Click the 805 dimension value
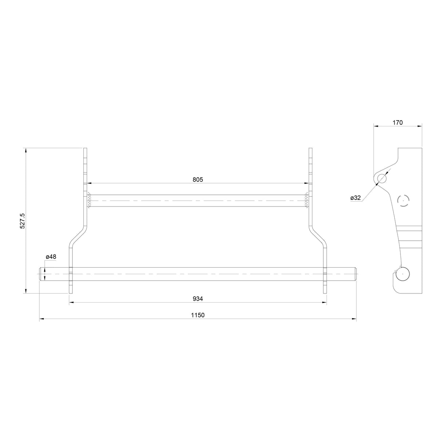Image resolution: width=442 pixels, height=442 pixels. (198, 179)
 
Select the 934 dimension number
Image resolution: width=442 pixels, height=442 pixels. (198, 299)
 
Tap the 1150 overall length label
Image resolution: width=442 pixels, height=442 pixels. (198, 315)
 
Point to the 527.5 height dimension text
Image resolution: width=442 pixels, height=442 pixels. (23, 221)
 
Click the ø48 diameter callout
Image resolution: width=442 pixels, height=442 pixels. (51, 257)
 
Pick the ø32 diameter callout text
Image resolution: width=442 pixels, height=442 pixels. (355, 198)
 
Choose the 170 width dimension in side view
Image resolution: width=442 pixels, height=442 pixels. (398, 123)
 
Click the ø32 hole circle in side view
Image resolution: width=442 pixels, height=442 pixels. (382, 178)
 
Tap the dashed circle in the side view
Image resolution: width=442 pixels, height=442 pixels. (403, 201)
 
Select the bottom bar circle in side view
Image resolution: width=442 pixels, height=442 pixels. (403, 274)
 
